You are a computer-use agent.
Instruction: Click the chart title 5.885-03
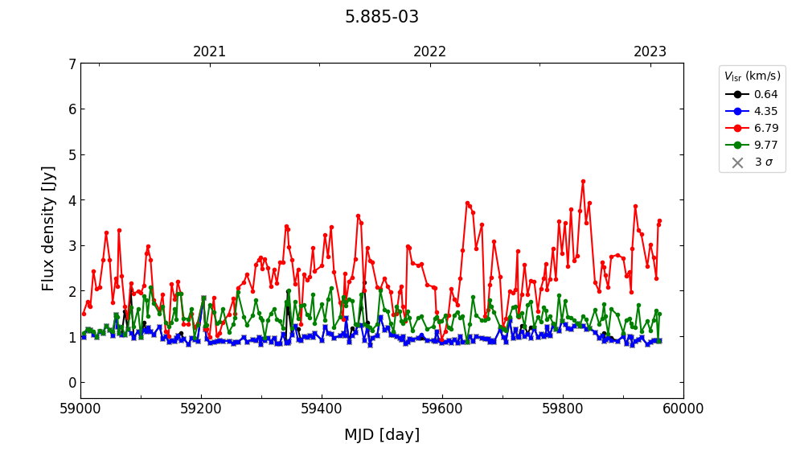(x=382, y=17)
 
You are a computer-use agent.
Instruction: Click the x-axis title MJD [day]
(x=382, y=435)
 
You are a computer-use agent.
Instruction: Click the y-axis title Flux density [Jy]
(x=49, y=228)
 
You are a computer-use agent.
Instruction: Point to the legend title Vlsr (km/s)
(x=752, y=76)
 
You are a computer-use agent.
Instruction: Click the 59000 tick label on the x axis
(x=80, y=409)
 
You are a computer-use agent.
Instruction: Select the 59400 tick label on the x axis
(x=322, y=409)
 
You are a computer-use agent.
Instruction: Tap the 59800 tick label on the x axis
(x=563, y=409)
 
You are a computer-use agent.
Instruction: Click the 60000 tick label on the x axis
(x=683, y=409)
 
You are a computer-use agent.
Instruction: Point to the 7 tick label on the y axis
(x=72, y=64)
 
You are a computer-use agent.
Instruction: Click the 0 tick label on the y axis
(x=72, y=382)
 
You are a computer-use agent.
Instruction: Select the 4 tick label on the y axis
(x=72, y=200)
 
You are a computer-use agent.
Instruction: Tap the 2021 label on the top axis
(x=210, y=52)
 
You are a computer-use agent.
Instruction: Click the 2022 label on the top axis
(x=430, y=52)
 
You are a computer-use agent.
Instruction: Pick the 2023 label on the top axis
(x=650, y=52)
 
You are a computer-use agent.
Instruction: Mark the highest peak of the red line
(x=583, y=182)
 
